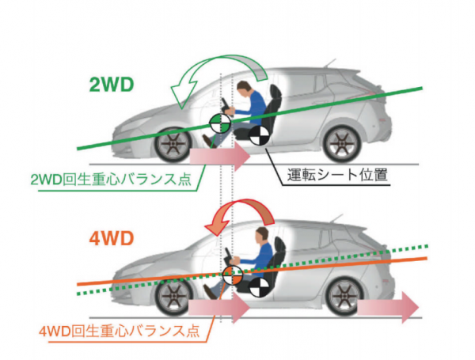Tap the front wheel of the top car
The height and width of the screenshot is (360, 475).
(171, 145)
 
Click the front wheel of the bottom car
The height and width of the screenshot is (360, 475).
(171, 297)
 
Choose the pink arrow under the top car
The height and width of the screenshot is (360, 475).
(218, 154)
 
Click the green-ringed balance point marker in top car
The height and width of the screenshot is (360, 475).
(218, 122)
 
